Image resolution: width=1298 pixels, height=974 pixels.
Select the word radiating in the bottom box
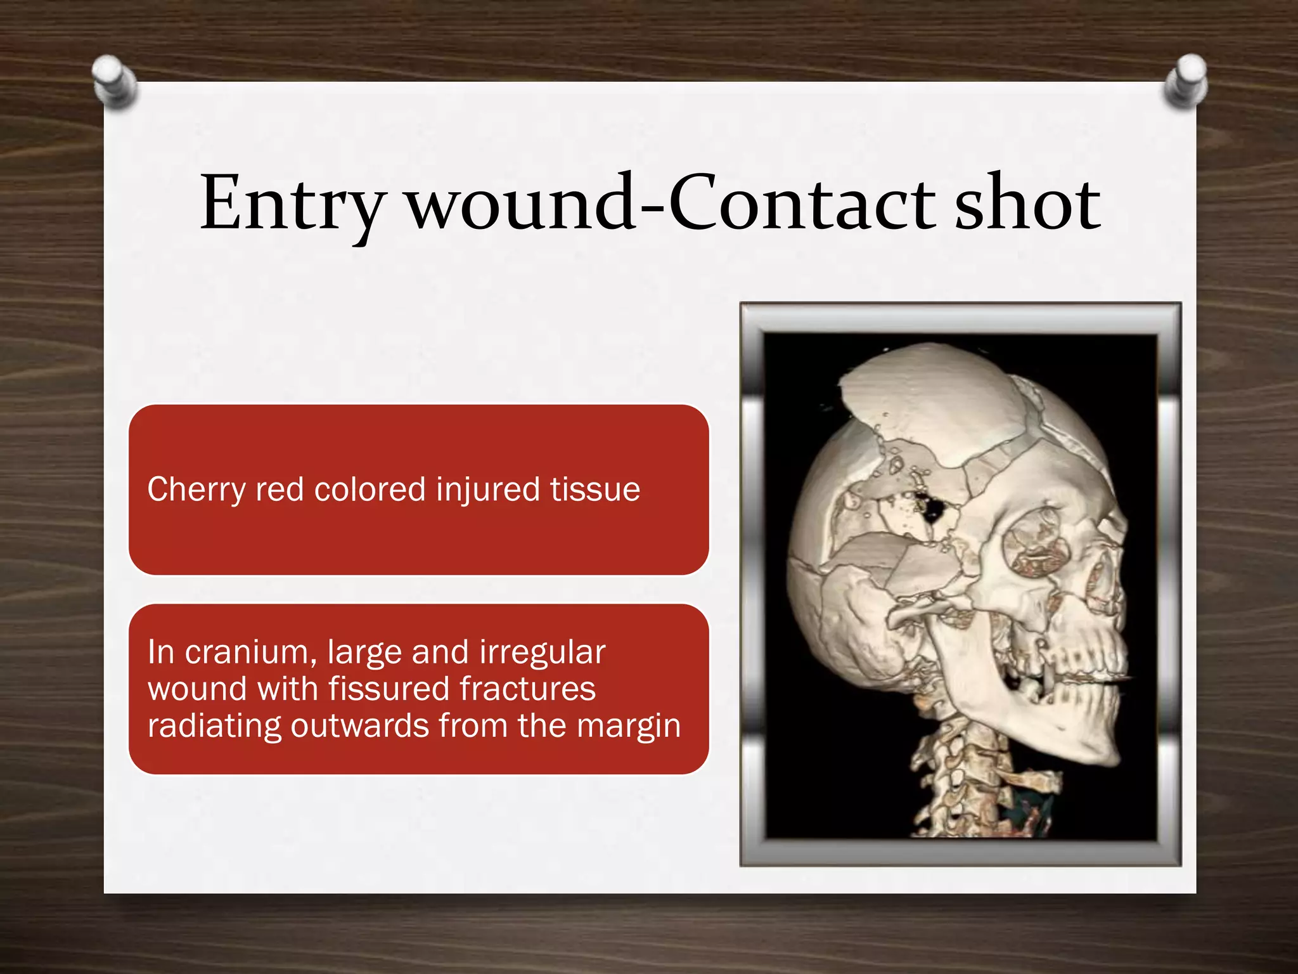pyautogui.click(x=214, y=725)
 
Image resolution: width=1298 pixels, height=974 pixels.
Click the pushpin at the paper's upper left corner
pyautogui.click(x=114, y=81)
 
